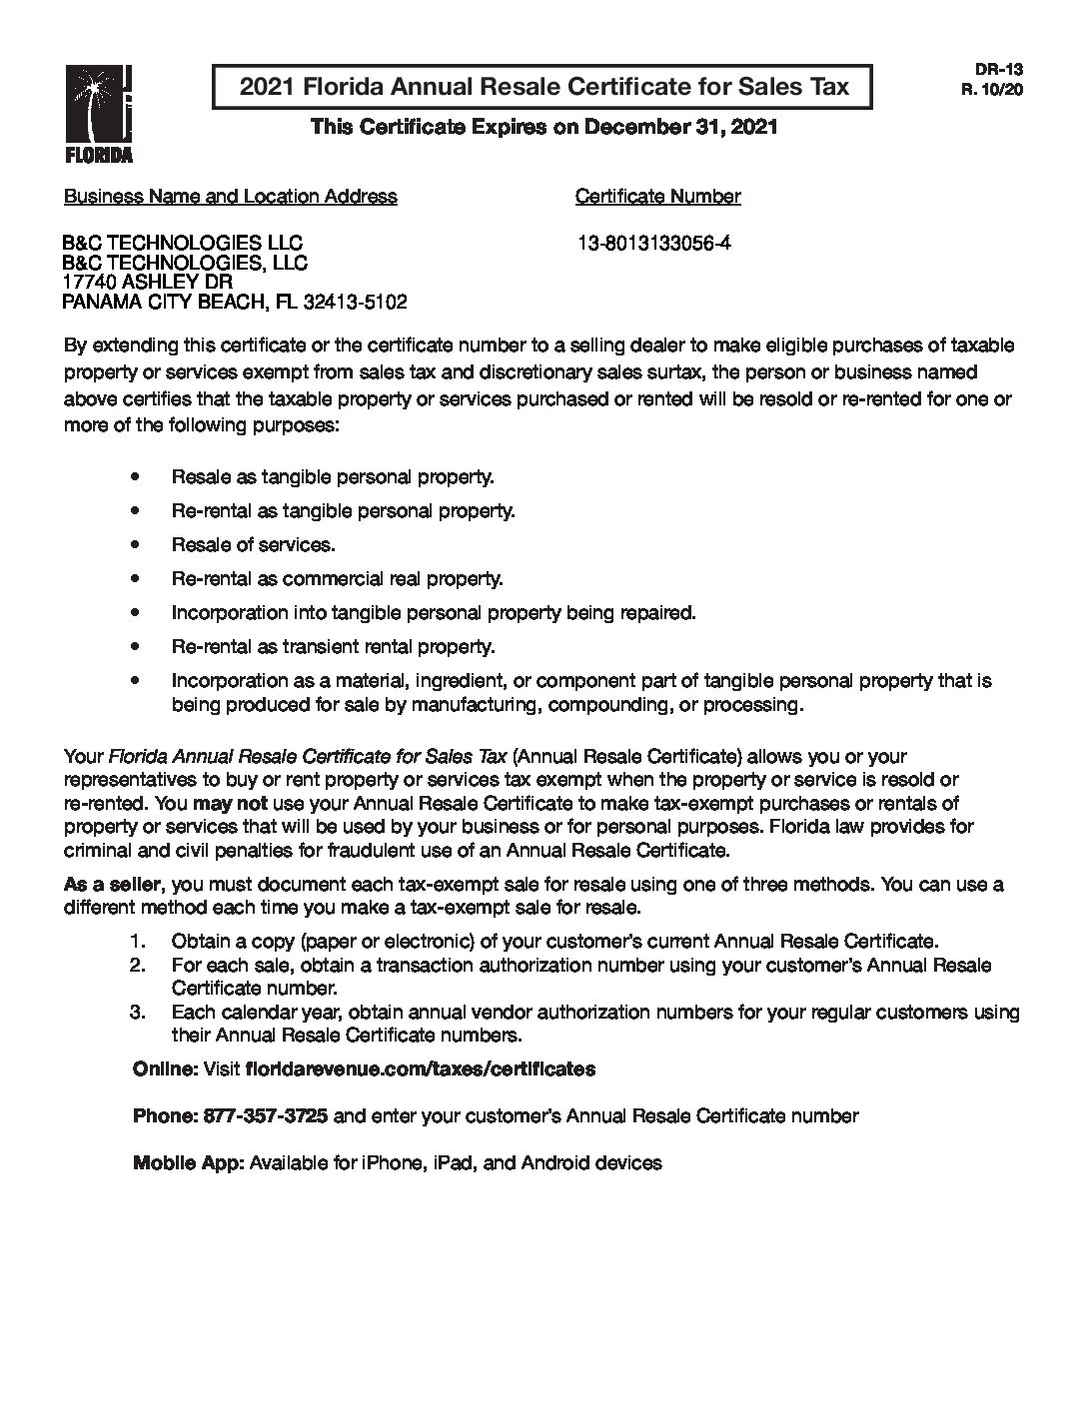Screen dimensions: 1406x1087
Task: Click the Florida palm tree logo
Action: point(98,113)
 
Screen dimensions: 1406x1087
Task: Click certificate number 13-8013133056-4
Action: point(653,243)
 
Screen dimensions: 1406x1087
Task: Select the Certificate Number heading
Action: point(657,196)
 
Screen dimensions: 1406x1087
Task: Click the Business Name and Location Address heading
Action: point(230,196)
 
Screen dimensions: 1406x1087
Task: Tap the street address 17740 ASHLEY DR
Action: point(147,282)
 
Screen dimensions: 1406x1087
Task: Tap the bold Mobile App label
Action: point(188,1162)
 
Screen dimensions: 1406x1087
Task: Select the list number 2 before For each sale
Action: point(138,965)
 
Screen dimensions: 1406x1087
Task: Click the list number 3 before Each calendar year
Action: point(138,1012)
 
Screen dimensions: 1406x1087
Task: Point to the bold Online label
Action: point(165,1068)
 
